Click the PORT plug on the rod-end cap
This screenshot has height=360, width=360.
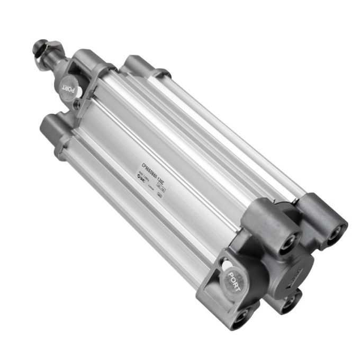click(x=68, y=86)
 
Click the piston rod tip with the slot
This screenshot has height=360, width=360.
click(x=40, y=47)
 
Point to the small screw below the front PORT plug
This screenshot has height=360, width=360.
click(x=78, y=105)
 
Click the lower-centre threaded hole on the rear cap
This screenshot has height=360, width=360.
click(x=290, y=302)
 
